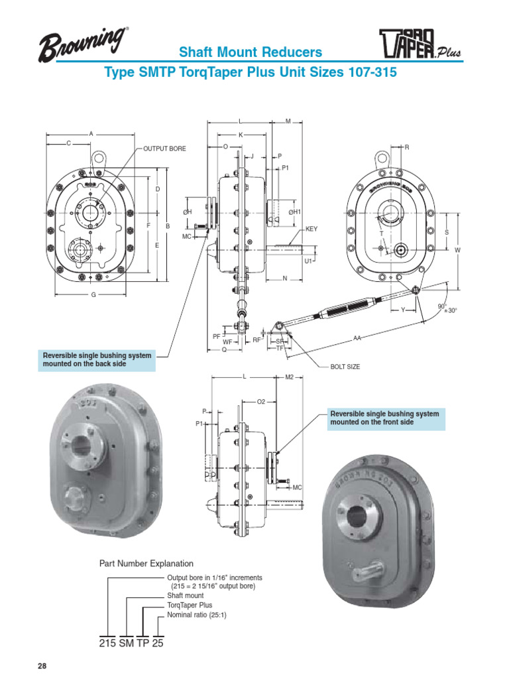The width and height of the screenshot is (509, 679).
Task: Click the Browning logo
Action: [x=83, y=46]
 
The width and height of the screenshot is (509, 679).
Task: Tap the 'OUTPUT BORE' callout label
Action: [x=165, y=149]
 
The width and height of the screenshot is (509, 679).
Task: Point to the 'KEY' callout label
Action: [x=311, y=229]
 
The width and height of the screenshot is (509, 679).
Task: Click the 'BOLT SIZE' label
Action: [x=345, y=367]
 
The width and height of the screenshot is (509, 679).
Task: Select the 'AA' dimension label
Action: [x=357, y=338]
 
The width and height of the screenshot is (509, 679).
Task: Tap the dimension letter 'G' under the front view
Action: [x=93, y=294]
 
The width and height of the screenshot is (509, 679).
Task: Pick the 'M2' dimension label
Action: [x=289, y=377]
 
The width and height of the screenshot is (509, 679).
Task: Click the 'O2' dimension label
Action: [x=260, y=402]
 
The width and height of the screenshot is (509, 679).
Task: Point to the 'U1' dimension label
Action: [x=308, y=261]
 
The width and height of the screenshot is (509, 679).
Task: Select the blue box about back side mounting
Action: [x=97, y=360]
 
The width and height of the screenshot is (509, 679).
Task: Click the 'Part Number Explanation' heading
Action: [x=146, y=563]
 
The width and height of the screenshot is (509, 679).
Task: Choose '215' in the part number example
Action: [x=107, y=643]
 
